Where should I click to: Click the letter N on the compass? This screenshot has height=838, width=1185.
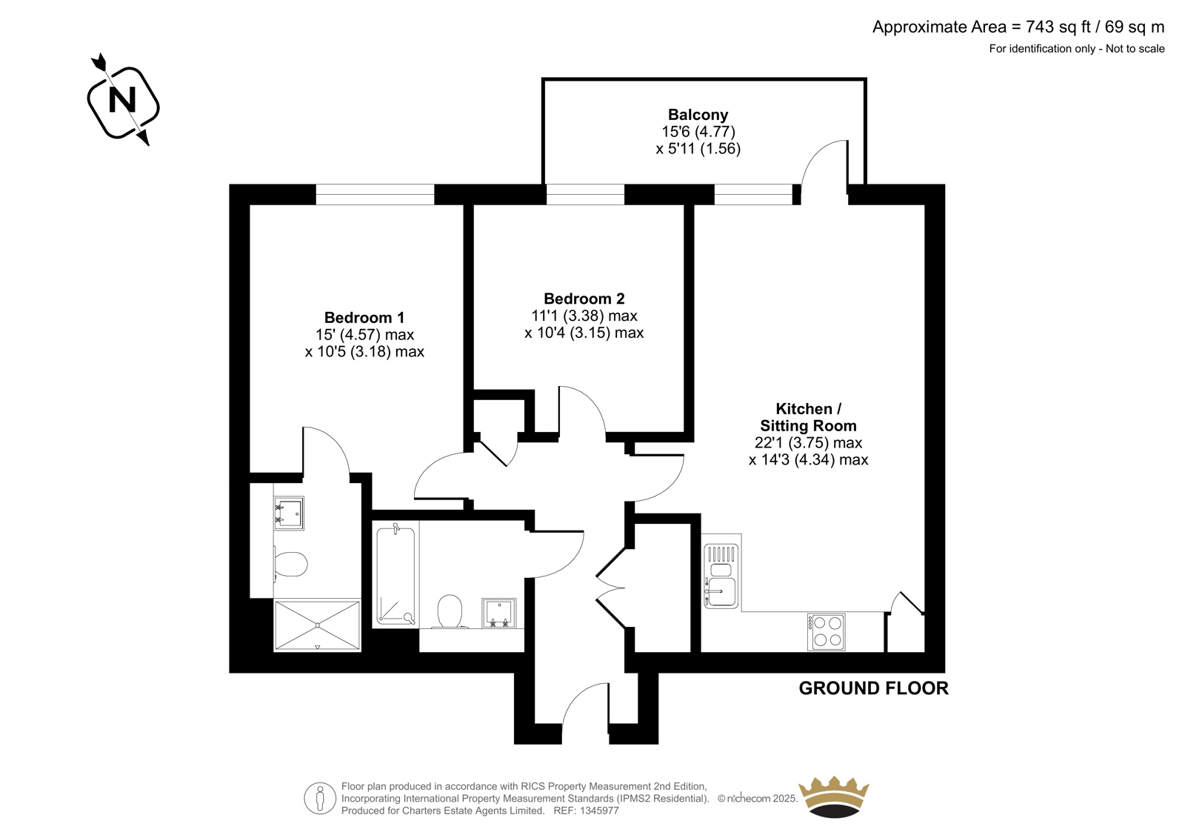[122, 100]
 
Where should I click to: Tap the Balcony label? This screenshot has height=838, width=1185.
[698, 114]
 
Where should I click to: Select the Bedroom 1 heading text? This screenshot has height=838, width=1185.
[364, 318]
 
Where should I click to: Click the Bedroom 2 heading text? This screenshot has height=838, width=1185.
[584, 299]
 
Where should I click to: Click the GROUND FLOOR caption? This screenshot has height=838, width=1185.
[873, 688]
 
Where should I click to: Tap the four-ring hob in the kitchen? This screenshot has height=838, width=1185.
[826, 631]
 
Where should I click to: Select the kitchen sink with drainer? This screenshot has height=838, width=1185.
[721, 576]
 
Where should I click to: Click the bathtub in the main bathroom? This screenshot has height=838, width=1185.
[395, 573]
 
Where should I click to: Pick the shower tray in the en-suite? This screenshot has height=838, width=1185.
[318, 625]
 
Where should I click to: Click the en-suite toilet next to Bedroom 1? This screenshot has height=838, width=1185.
[290, 565]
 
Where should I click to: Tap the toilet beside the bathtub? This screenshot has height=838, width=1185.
[449, 611]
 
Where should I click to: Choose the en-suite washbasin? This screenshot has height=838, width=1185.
[289, 513]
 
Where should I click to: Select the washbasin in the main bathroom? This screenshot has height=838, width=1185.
[499, 613]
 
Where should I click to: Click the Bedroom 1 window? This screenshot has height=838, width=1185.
[375, 194]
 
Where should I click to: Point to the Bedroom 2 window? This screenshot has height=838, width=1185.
[585, 194]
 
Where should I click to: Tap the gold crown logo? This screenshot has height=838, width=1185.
[834, 797]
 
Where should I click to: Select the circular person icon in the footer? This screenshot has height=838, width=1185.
[319, 798]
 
